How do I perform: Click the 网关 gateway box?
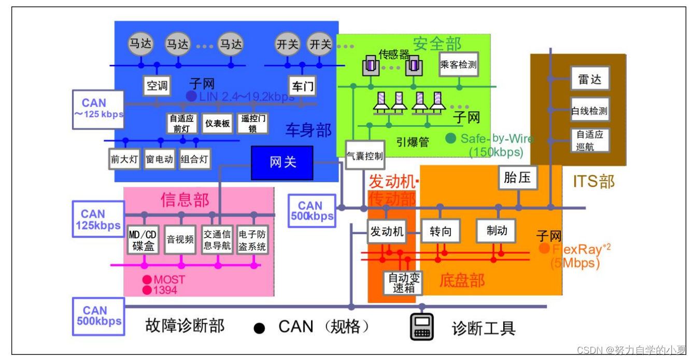tap(282, 163)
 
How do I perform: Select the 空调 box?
tap(157, 85)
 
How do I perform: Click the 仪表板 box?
tap(217, 123)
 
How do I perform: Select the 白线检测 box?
tap(589, 110)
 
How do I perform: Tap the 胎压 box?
tap(517, 178)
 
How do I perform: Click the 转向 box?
tap(441, 231)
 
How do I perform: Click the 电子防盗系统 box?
tap(252, 240)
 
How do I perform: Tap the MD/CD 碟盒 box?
tap(143, 240)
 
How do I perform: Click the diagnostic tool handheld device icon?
tap(422, 326)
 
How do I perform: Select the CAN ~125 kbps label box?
tap(97, 109)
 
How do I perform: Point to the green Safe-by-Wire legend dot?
tap(451, 138)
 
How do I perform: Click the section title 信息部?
tap(185, 200)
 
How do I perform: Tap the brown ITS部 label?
tap(594, 181)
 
